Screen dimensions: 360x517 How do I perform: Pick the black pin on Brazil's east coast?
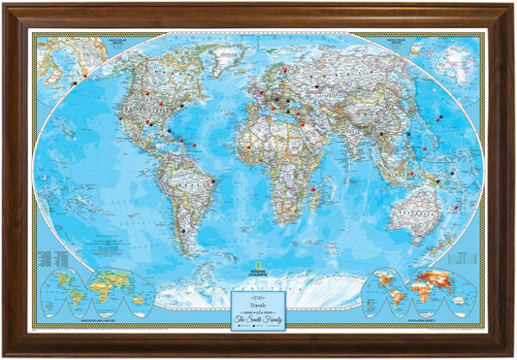point(212,181)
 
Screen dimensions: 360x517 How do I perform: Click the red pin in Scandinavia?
point(284,70)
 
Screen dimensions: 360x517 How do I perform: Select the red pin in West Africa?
point(249,148)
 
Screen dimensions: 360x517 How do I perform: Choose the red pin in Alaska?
point(84,75)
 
